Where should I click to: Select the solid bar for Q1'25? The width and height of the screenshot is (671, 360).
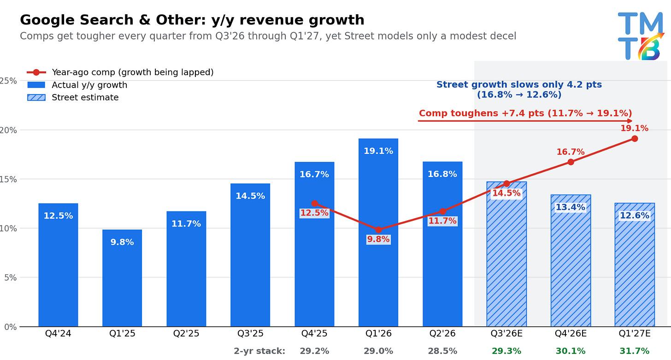[122, 278]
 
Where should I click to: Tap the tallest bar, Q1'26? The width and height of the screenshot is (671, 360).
[378, 232]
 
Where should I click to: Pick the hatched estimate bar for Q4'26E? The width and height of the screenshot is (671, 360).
[571, 260]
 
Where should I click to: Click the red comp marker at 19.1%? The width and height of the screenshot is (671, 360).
[635, 139]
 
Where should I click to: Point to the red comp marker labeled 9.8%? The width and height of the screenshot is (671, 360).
[378, 230]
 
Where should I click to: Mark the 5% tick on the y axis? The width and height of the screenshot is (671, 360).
[10, 277]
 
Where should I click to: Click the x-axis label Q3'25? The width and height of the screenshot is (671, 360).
[250, 333]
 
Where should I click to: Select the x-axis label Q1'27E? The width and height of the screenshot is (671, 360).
[635, 333]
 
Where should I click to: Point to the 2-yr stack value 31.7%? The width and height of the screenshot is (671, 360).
[635, 351]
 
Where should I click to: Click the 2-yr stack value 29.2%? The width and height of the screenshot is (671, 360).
[314, 351]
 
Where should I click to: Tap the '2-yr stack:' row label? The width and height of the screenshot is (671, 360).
[259, 351]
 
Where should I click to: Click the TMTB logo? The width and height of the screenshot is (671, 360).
[641, 36]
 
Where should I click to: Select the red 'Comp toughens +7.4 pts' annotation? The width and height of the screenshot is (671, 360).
[525, 113]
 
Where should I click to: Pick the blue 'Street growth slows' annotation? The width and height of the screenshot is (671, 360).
[519, 89]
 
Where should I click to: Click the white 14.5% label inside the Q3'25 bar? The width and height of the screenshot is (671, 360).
[250, 196]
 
